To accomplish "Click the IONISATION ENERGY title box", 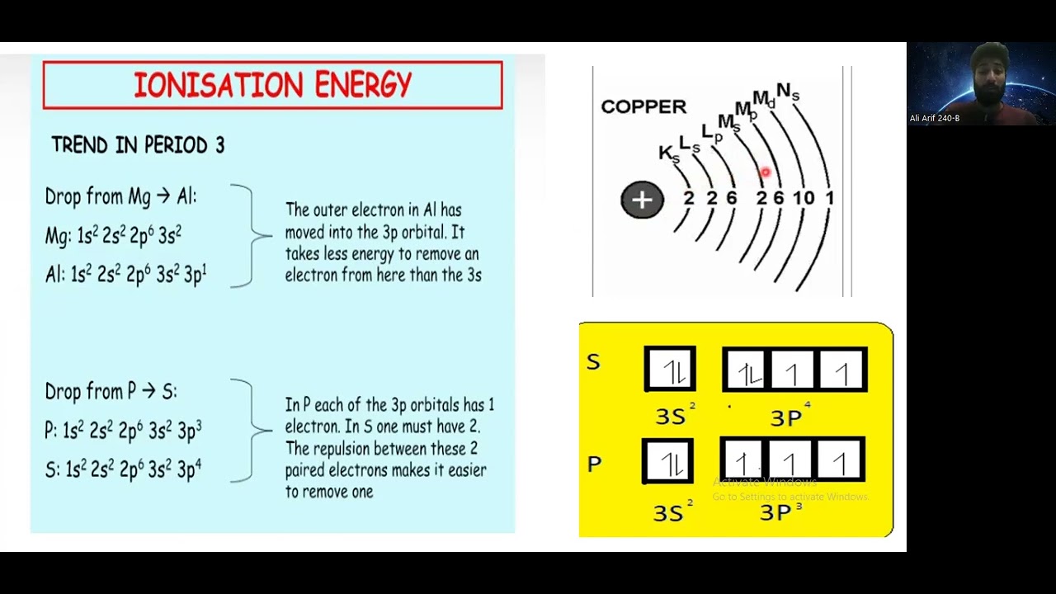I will click(x=272, y=85).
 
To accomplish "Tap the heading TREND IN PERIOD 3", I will click(x=138, y=145).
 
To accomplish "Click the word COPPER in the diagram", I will click(x=643, y=106).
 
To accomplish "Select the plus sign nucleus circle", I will click(x=642, y=200).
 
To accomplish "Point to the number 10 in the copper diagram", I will click(x=804, y=198).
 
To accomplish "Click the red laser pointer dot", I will click(x=765, y=172).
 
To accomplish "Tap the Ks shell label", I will click(x=668, y=153).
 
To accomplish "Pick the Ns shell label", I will click(x=788, y=92).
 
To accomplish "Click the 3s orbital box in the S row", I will click(x=670, y=370).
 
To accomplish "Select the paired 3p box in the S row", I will click(x=747, y=370).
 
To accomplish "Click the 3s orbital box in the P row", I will click(x=668, y=460).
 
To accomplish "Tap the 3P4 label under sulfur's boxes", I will click(x=790, y=417).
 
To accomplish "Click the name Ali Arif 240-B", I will click(x=934, y=118).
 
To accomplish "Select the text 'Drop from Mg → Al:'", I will click(x=121, y=197).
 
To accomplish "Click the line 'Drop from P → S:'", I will click(x=111, y=391).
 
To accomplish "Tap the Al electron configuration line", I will click(x=125, y=275).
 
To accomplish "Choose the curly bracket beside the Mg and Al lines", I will click(x=247, y=236).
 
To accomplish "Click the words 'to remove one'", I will click(x=329, y=492).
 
